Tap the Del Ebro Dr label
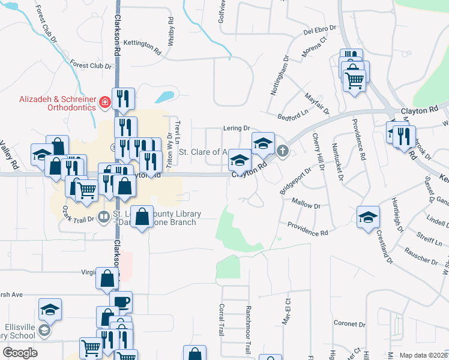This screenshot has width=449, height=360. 309,29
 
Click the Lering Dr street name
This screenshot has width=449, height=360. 237,128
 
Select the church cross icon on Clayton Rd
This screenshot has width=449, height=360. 282,151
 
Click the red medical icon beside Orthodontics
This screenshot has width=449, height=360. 104,103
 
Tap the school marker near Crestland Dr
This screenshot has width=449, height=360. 368,217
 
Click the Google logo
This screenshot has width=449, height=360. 20,353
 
